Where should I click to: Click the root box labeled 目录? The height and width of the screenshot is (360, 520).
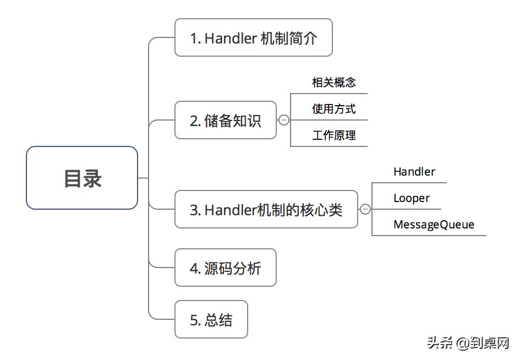pyautogui.click(x=82, y=178)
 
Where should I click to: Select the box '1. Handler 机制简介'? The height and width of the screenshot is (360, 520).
pyautogui.click(x=254, y=37)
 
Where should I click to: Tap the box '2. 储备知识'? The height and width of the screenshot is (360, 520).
pyautogui.click(x=226, y=120)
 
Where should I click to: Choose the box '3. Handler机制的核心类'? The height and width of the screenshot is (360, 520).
pyautogui.click(x=266, y=209)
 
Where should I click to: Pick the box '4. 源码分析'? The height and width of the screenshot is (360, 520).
pyautogui.click(x=226, y=268)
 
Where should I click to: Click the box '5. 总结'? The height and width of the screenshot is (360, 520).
pyautogui.click(x=211, y=319)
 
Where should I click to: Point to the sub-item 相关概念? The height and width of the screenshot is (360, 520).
pyautogui.click(x=333, y=83)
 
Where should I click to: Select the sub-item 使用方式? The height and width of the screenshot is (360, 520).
pyautogui.click(x=333, y=109)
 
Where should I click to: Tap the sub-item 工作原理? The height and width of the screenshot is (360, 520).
pyautogui.click(x=333, y=135)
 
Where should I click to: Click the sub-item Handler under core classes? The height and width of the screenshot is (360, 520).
pyautogui.click(x=414, y=172)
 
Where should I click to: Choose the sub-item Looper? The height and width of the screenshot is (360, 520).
pyautogui.click(x=412, y=198)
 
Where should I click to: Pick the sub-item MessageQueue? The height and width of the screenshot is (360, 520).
pyautogui.click(x=434, y=225)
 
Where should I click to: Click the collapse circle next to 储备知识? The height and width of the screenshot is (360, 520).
pyautogui.click(x=284, y=120)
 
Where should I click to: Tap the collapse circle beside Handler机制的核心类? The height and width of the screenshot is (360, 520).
pyautogui.click(x=365, y=209)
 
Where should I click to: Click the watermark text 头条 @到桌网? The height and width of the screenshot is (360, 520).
pyautogui.click(x=468, y=343)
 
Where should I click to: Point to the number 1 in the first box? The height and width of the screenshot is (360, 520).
pyautogui.click(x=194, y=38)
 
